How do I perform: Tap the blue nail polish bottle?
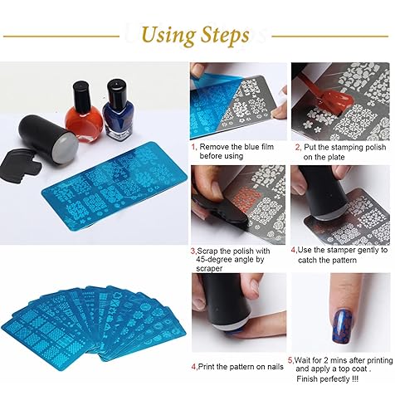[x=116, y=109]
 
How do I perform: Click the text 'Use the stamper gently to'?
[x=339, y=248]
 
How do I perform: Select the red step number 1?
[x=194, y=147]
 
